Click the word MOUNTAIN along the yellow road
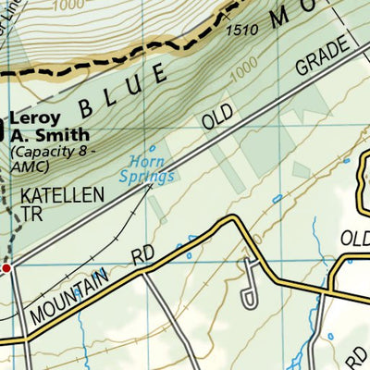[68, 295]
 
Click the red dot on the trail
[6, 268]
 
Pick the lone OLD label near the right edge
[354, 238]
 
